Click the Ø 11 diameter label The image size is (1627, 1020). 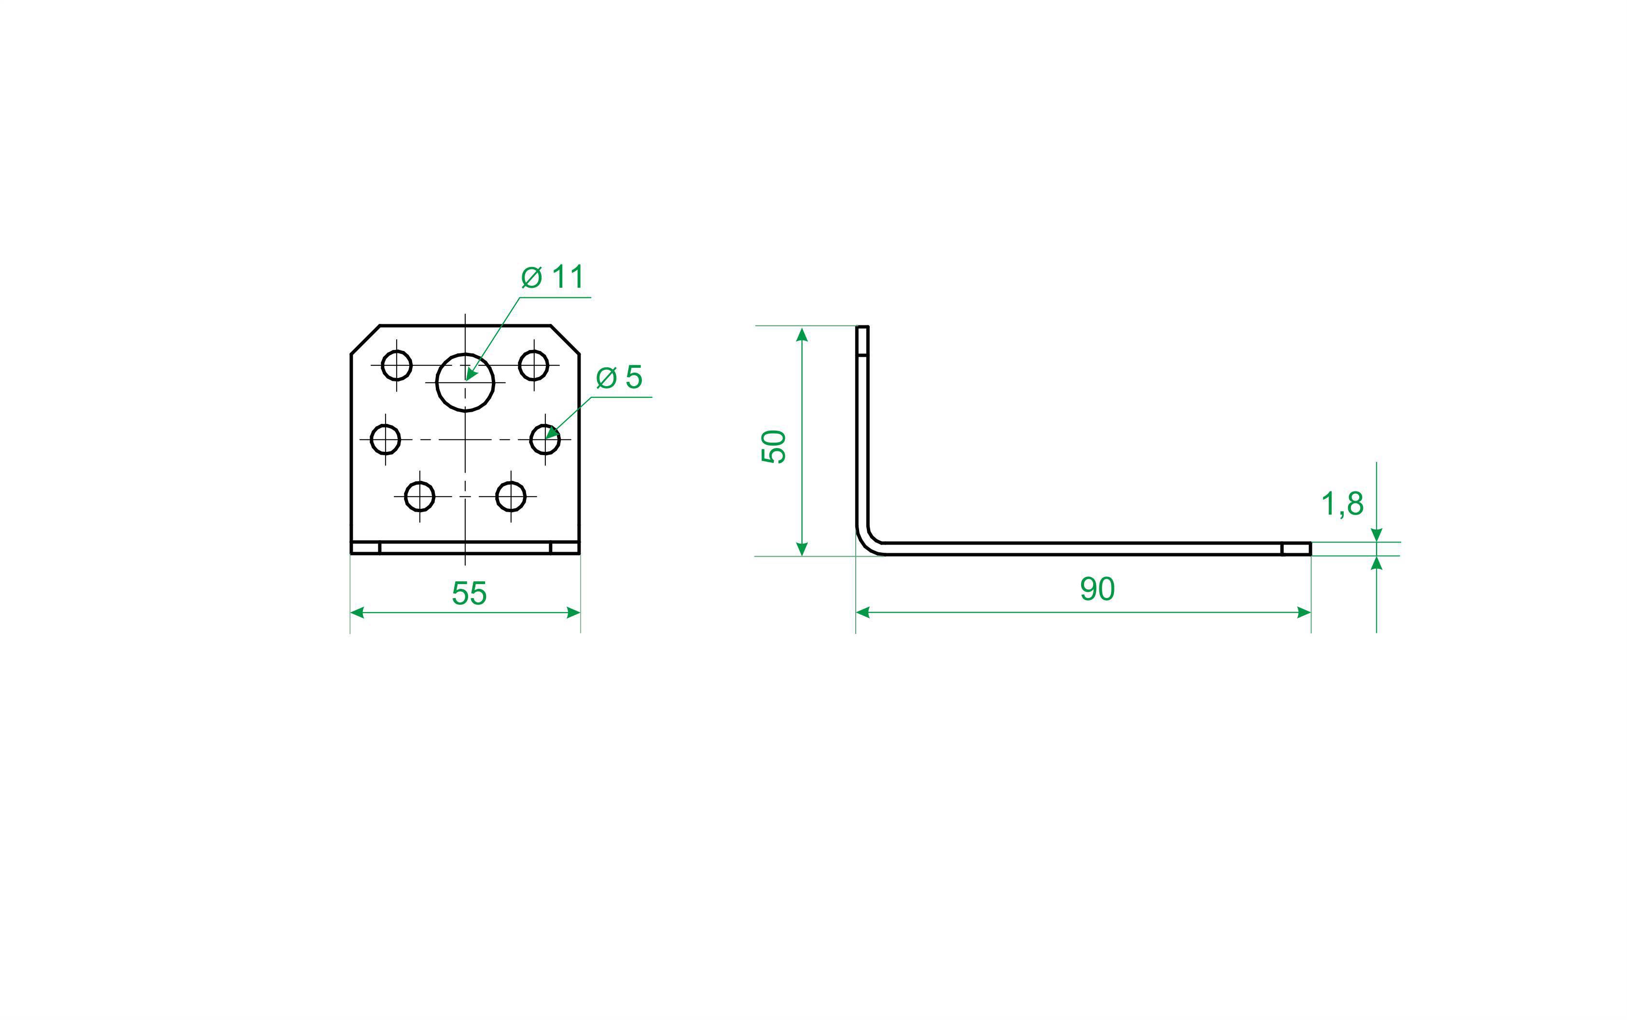click(x=553, y=277)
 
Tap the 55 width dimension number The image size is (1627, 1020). click(x=469, y=594)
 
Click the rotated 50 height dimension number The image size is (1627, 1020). click(x=774, y=446)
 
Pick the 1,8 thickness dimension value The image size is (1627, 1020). click(x=1342, y=504)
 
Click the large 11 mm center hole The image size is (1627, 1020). click(x=465, y=382)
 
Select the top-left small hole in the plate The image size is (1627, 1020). click(x=397, y=365)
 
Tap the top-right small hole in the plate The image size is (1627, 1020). click(x=533, y=365)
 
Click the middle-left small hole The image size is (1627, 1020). click(x=386, y=440)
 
